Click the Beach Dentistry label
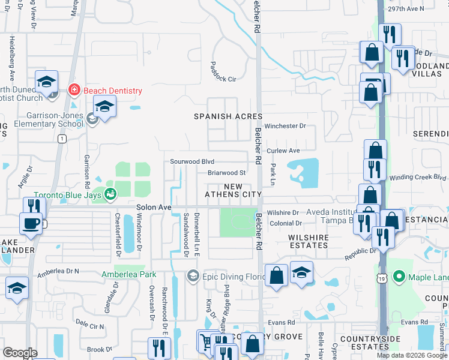[x=112, y=91]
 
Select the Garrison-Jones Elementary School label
[x=42, y=119]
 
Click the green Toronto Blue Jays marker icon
[x=110, y=194]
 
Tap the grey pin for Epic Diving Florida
[x=193, y=276]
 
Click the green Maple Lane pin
[x=397, y=277]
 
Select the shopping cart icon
[x=207, y=341]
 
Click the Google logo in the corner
[x=20, y=353]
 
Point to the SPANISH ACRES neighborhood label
[x=228, y=116]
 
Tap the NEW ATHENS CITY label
[x=234, y=190]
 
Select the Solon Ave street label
[x=154, y=207]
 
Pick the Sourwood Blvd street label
[x=192, y=161]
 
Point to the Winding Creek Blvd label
[x=418, y=177]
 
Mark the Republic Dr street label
[x=360, y=254]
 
